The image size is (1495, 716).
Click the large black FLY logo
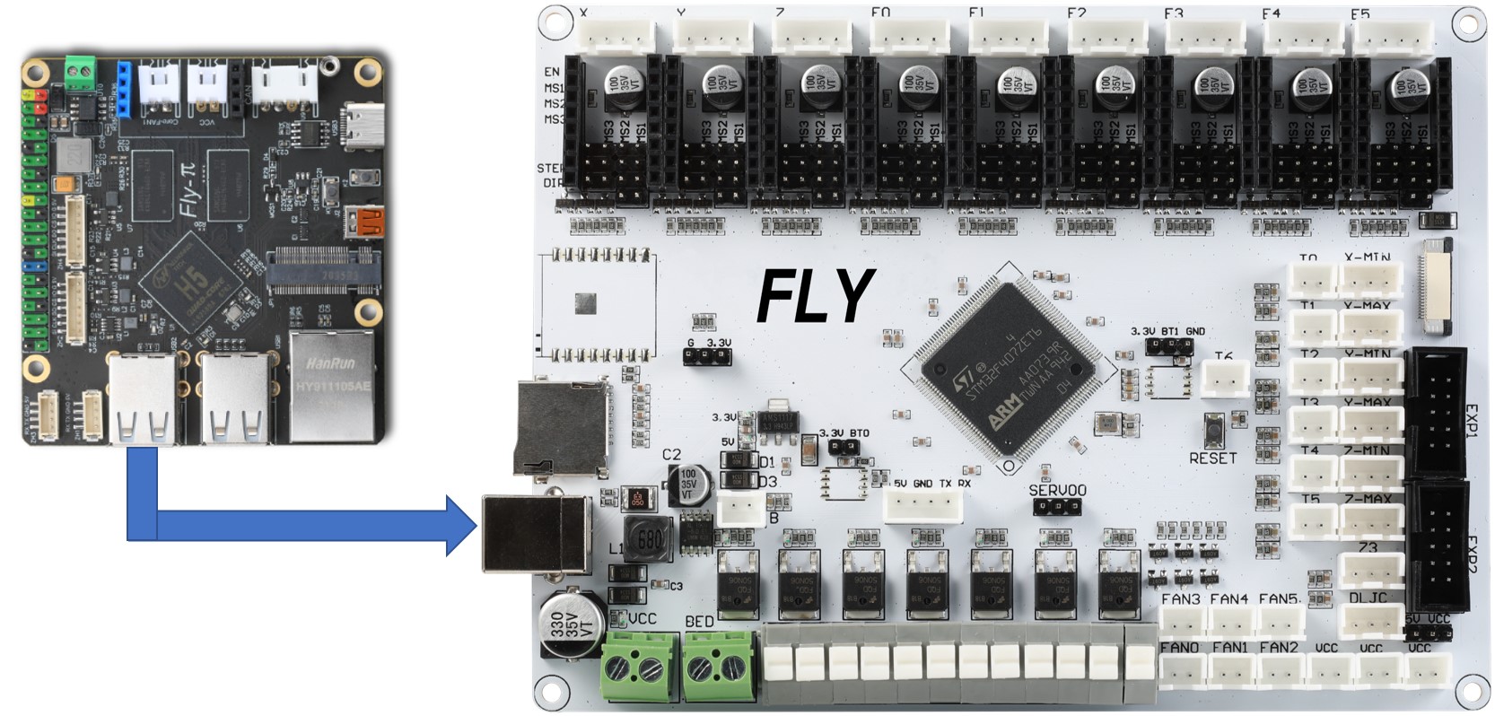pos(815,296)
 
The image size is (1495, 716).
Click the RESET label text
pos(1212,458)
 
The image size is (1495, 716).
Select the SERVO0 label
pos(1057,491)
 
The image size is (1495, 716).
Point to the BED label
pos(699,621)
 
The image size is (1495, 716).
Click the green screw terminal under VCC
pos(639,666)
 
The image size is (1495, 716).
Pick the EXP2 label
pos(1472,554)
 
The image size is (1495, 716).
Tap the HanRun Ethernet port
pos(331,384)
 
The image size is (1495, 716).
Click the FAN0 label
pos(1179,647)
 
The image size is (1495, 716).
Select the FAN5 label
pos(1279,598)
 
